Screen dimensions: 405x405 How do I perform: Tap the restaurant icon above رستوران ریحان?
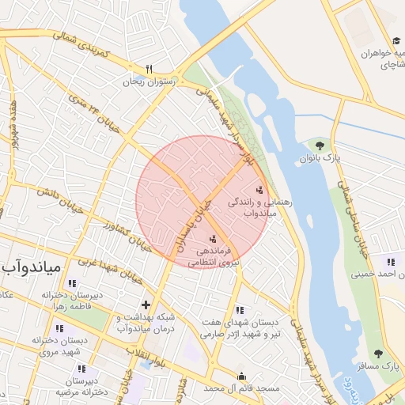(149, 69)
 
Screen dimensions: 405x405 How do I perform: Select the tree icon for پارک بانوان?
(320, 146)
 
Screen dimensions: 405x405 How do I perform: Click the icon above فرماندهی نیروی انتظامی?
(212, 238)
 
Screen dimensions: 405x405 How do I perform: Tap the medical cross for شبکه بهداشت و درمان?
(146, 305)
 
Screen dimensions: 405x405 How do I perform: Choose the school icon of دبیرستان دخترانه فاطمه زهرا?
(73, 283)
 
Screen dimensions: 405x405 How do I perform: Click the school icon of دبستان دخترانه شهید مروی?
(59, 328)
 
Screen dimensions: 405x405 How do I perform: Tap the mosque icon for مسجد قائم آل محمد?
(241, 376)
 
